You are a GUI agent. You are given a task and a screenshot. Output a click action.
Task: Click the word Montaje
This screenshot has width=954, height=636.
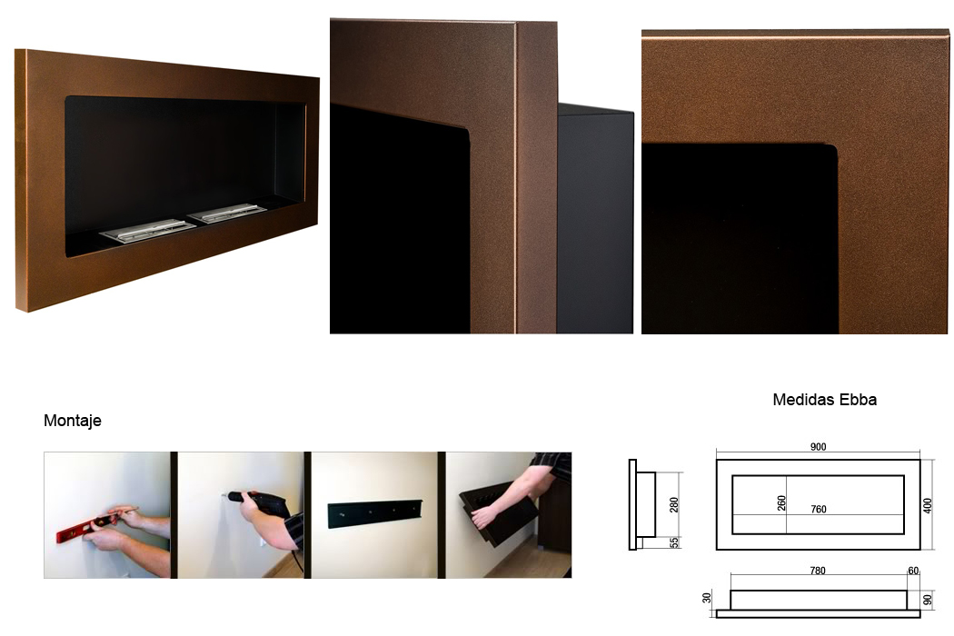coord(73,421)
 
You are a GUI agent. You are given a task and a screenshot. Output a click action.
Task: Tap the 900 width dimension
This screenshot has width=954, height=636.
coord(819,447)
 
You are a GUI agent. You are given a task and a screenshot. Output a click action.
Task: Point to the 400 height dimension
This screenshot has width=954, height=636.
coord(928,506)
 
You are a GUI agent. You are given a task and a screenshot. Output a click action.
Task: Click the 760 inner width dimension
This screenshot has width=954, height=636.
coord(819,509)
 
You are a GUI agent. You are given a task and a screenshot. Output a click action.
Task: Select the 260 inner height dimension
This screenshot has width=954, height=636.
coord(781,502)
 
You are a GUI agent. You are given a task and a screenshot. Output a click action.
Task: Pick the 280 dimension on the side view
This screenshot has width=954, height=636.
coord(673,504)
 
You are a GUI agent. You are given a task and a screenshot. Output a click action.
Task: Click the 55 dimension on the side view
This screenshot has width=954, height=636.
coord(674,542)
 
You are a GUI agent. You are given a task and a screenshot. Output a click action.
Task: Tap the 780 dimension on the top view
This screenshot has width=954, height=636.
coord(818,571)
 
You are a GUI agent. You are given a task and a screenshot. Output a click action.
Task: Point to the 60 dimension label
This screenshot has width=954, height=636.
coord(913,571)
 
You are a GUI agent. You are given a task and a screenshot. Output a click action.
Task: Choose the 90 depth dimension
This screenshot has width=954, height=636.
coord(928,600)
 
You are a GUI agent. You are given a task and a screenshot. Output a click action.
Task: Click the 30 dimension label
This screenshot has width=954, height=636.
coord(706,598)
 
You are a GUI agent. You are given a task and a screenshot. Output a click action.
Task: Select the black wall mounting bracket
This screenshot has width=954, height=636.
coord(375,514)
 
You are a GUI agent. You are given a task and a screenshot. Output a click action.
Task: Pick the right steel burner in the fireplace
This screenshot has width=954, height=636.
coord(227,213)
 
